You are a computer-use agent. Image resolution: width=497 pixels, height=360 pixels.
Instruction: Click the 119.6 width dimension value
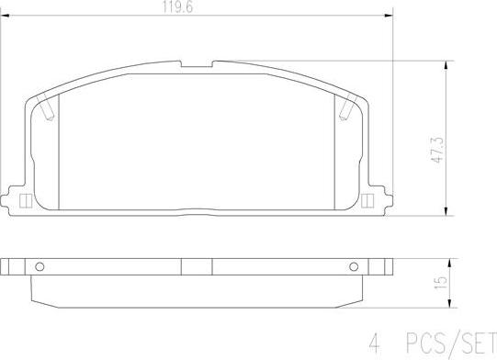[x=178, y=7]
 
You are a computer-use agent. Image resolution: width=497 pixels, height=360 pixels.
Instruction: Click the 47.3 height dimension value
[x=439, y=151]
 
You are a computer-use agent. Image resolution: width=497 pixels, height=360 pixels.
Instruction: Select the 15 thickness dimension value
[x=441, y=282]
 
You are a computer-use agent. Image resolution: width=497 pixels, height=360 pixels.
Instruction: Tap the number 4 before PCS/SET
[x=374, y=343]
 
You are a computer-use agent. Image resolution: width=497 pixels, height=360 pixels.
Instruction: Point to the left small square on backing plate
[x=25, y=200]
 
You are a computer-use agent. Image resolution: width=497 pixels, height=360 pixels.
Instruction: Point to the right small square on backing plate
[x=367, y=200]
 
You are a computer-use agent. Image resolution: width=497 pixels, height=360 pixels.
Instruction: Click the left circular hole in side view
[x=40, y=267]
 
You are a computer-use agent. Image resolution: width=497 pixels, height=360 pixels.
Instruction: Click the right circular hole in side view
[x=354, y=267]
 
